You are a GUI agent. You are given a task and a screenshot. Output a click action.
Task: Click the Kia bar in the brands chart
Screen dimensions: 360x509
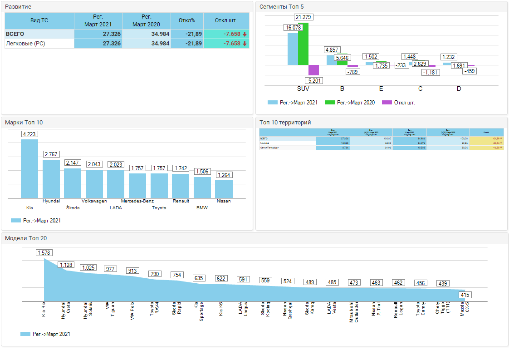click(x=29, y=168)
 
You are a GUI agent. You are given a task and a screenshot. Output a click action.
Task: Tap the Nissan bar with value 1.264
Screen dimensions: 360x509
click(x=224, y=189)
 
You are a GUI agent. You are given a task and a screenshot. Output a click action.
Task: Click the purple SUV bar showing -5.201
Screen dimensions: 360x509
click(x=313, y=70)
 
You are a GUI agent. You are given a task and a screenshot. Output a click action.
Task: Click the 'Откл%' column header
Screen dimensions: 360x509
click(x=187, y=20)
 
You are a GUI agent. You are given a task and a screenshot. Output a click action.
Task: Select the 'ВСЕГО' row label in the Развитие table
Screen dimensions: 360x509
click(x=15, y=34)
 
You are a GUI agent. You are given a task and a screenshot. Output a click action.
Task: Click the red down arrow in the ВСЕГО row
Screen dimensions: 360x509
click(x=245, y=34)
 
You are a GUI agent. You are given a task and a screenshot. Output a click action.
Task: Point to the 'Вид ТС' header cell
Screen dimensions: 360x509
click(x=39, y=20)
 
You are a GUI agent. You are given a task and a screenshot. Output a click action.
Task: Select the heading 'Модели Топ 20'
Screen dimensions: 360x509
click(x=26, y=238)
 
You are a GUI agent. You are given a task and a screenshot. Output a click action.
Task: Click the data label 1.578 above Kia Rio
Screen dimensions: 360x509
click(x=44, y=253)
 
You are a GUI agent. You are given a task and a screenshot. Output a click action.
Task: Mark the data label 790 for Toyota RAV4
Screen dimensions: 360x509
click(x=155, y=274)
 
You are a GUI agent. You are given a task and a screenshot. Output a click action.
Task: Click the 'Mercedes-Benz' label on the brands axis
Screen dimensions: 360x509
click(x=137, y=201)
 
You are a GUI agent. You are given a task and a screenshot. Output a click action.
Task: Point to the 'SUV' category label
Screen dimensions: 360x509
click(x=303, y=89)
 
